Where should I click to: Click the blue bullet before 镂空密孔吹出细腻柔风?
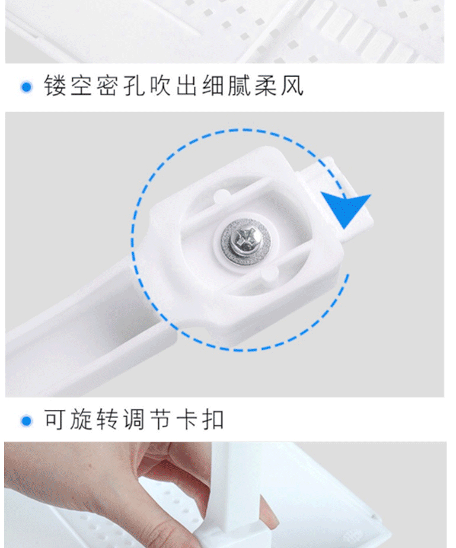point(27,87)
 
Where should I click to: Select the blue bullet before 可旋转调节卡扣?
point(27,420)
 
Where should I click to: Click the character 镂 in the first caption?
point(56,85)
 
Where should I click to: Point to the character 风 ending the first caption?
point(292,85)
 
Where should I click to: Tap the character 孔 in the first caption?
point(135,85)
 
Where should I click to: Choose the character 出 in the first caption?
point(187,85)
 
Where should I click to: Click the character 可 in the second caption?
point(56,419)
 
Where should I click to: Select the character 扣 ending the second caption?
point(213,419)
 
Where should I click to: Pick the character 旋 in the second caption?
point(82,419)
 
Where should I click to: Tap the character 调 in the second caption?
point(134,419)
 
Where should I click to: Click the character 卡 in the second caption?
point(187,419)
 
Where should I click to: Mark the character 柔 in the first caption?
point(266,85)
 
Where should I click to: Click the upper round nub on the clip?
point(221,196)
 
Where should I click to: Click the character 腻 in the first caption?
point(240,85)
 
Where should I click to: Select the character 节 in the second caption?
point(160,419)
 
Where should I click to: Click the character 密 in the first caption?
point(109,85)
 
